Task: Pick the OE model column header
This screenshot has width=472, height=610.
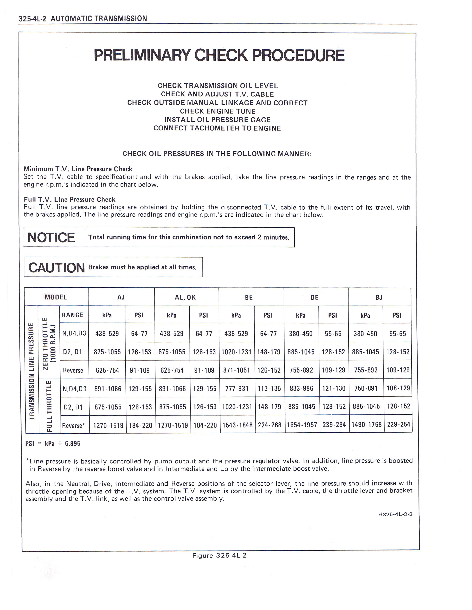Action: click(314, 297)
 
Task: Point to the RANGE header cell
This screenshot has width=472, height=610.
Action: click(73, 315)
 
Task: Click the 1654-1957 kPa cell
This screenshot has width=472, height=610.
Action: click(302, 425)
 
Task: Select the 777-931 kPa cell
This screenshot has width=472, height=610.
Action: click(237, 389)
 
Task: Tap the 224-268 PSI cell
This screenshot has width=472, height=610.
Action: click(269, 425)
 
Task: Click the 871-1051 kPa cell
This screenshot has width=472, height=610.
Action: click(237, 370)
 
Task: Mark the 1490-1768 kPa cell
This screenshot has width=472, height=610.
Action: click(366, 425)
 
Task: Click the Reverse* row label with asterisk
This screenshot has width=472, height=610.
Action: click(73, 426)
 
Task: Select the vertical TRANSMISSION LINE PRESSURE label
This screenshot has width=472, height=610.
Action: click(32, 372)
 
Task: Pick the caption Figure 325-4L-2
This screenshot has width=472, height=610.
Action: click(219, 555)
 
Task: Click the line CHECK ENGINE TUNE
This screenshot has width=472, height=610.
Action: click(217, 111)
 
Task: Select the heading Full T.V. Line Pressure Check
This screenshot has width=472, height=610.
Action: click(70, 199)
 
